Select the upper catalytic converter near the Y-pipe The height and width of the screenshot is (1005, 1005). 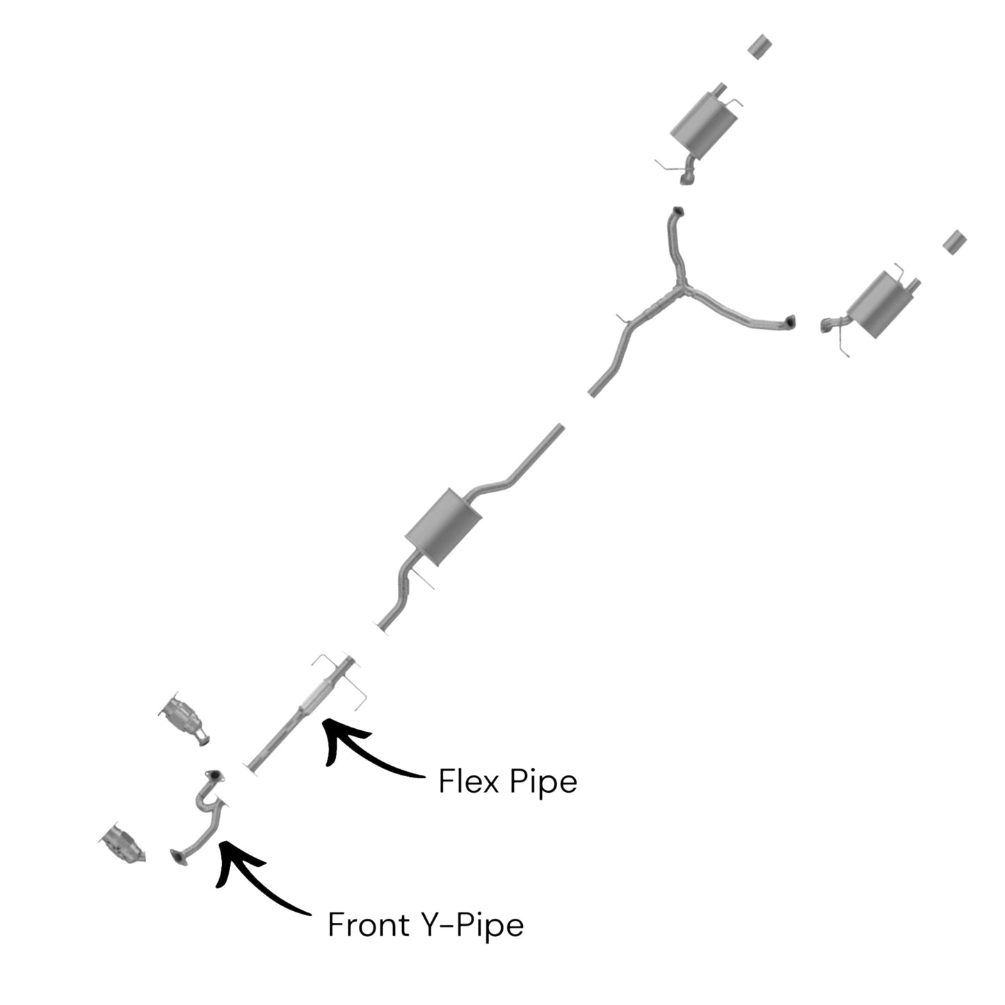click(x=184, y=718)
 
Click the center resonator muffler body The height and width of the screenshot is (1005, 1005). click(x=443, y=527)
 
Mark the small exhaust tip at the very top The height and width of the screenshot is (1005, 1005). click(x=759, y=47)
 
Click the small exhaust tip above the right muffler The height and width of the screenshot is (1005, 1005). click(x=955, y=242)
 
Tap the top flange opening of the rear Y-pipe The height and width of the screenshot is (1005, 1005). click(x=678, y=211)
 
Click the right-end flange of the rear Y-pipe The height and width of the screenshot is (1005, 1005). click(x=791, y=322)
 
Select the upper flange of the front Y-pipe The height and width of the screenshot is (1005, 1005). click(x=214, y=775)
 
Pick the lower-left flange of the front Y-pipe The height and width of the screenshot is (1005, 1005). click(x=178, y=858)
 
